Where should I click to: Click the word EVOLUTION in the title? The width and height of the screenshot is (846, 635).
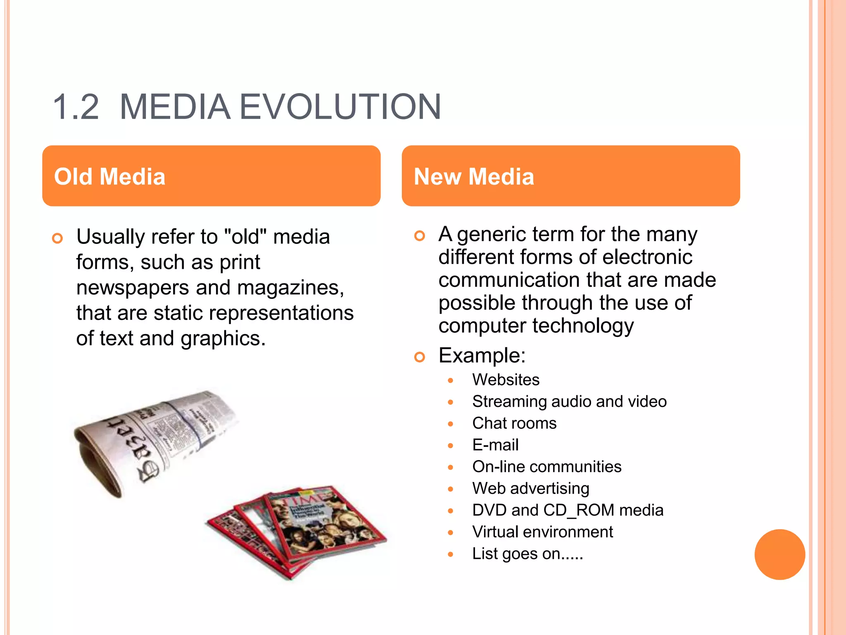point(340,107)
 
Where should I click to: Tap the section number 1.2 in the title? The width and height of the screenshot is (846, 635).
point(76,107)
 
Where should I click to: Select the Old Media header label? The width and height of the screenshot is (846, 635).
point(110,177)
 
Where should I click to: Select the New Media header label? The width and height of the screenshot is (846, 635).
point(474,177)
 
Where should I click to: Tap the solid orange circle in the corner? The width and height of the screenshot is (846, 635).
point(779,554)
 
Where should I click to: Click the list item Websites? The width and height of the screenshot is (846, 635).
point(506,380)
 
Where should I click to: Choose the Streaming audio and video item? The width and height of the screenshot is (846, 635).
point(569,401)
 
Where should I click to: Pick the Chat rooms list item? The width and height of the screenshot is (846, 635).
point(514,423)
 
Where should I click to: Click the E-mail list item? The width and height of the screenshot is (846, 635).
point(495,445)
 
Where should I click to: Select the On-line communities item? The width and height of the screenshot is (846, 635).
point(547,467)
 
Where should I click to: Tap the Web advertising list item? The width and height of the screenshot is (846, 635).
point(530,488)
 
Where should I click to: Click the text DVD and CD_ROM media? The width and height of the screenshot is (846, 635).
point(568,510)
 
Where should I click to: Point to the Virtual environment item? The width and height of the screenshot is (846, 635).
point(542,532)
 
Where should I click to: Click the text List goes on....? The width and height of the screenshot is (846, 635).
point(527,554)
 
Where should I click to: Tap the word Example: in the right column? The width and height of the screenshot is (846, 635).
point(482,356)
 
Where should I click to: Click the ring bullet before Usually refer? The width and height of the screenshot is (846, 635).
point(57,238)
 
